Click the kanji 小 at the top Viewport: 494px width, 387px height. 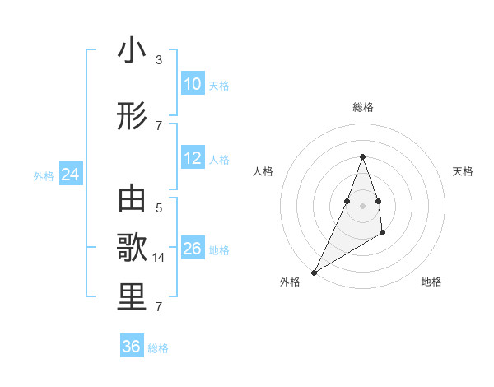click(x=132, y=51)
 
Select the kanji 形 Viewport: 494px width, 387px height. click(x=132, y=117)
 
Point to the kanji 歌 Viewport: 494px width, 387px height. click(x=132, y=249)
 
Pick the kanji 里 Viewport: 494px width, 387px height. click(x=132, y=298)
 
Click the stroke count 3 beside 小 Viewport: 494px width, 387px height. click(x=158, y=60)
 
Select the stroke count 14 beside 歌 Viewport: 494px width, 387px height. click(x=160, y=258)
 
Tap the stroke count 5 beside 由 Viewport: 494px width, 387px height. click(x=158, y=207)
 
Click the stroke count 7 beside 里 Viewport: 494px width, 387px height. click(x=158, y=307)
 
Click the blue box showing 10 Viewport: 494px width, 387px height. click(x=192, y=84)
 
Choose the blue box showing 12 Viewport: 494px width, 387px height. click(x=192, y=159)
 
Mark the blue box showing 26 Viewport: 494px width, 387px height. click(x=192, y=249)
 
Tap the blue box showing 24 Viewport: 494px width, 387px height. click(x=70, y=175)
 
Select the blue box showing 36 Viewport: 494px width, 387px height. click(x=131, y=347)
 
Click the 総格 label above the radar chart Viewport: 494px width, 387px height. click(x=362, y=107)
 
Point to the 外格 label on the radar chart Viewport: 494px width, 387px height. click(x=290, y=282)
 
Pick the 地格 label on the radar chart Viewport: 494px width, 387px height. click(x=431, y=282)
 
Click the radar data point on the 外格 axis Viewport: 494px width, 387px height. click(x=314, y=272)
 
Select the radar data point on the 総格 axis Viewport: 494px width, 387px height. click(x=362, y=157)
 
